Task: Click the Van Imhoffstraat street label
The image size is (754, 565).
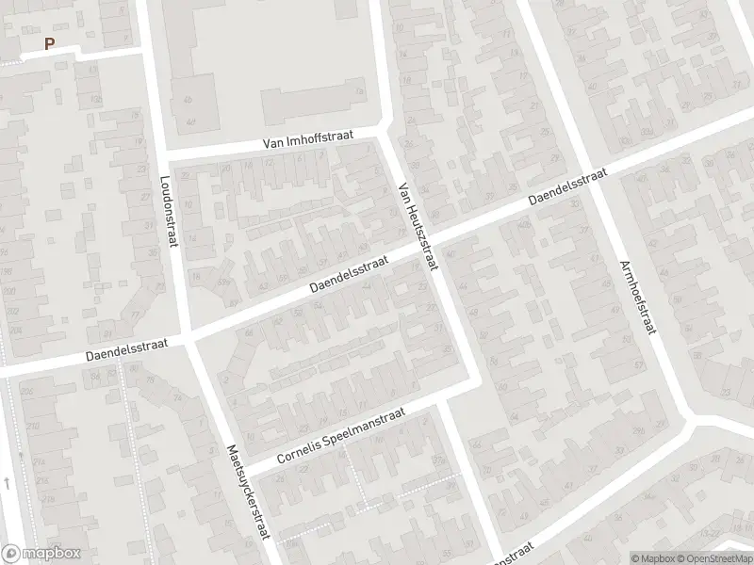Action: coord(307,138)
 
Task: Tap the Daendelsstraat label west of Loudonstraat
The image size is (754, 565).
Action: coord(126,350)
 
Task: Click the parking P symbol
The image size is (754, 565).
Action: coord(49,43)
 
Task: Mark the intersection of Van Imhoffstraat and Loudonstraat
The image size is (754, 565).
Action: coord(160,154)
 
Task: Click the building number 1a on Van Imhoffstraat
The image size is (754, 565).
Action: coord(359,91)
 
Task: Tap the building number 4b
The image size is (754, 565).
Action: coord(188,100)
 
